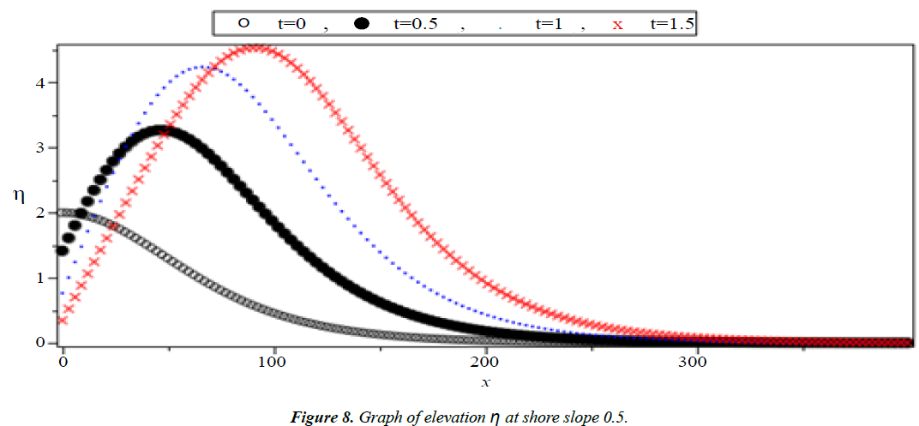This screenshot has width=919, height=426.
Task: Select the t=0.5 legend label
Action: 416,24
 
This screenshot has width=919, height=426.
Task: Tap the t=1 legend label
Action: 549,24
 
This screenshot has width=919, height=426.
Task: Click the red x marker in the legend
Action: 616,25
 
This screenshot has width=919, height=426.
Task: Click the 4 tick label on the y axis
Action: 40,82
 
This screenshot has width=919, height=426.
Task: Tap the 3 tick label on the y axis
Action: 40,147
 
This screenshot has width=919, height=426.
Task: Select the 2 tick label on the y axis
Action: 40,213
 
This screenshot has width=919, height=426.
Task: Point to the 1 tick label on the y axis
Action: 40,278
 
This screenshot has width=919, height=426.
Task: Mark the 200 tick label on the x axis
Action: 486,362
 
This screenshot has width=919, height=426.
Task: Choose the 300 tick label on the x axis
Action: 698,362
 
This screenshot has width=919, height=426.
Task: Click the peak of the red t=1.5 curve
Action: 255,47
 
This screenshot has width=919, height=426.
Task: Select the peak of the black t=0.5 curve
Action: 160,130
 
